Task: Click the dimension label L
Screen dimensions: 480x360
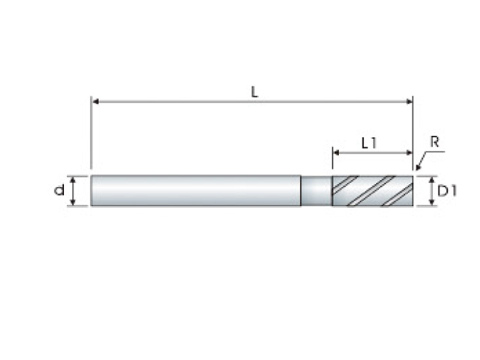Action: pos(255,91)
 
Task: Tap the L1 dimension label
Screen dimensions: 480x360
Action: pos(369,143)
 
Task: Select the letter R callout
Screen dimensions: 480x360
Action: pos(435,142)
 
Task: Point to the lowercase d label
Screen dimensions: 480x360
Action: pos(59,190)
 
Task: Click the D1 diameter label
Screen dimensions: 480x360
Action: pos(447,191)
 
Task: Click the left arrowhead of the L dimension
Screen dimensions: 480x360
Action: pos(95,101)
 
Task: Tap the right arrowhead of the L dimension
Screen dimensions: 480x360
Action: pos(409,101)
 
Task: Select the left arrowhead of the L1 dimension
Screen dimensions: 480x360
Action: pos(337,152)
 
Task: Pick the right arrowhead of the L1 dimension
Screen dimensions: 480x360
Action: pos(409,152)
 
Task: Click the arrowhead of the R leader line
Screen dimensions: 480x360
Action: pos(418,166)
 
